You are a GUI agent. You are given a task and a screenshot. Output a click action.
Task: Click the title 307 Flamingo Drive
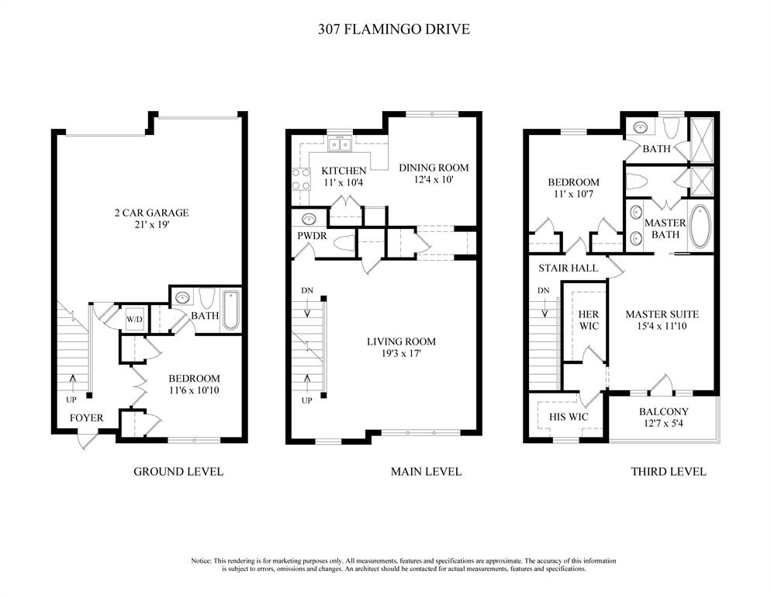tap(394, 29)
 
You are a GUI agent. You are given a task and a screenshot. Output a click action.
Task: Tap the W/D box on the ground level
tap(134, 320)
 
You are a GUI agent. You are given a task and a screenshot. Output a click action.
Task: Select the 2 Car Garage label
tap(151, 213)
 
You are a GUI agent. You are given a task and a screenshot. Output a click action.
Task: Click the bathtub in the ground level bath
tap(230, 310)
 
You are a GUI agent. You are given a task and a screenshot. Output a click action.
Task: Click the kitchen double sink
tap(340, 144)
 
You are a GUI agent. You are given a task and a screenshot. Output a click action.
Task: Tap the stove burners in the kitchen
tap(301, 179)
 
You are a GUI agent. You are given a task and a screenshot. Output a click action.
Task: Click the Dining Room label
tap(434, 168)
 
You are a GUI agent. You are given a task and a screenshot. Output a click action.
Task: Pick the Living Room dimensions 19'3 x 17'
tap(402, 353)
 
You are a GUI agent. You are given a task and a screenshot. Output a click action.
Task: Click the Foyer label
tap(87, 418)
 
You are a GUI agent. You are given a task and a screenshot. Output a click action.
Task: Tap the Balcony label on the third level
tap(664, 411)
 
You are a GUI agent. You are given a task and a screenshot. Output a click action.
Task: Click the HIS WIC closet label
tap(569, 417)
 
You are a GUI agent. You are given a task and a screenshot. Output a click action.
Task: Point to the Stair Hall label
tap(568, 269)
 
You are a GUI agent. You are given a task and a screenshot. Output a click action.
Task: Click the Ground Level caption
tap(178, 472)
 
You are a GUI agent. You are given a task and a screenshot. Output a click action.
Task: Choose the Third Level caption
tap(669, 472)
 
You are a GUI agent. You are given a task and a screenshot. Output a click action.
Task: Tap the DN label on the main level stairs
tap(307, 290)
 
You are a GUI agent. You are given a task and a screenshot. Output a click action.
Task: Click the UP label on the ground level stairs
tap(71, 400)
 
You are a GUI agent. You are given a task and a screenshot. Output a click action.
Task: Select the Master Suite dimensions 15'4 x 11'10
tap(662, 326)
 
